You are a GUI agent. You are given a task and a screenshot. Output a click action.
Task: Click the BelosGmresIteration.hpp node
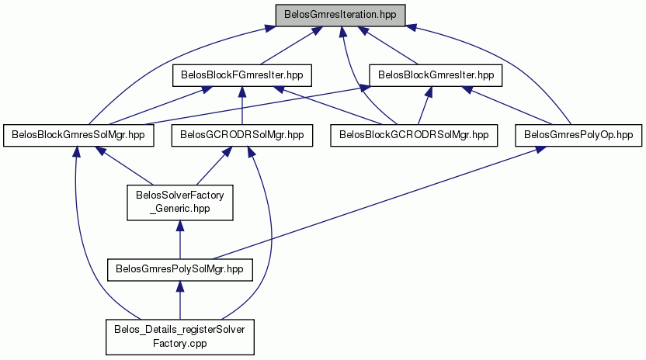tap(340, 16)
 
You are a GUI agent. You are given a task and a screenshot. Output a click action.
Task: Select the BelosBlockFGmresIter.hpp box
tap(241, 75)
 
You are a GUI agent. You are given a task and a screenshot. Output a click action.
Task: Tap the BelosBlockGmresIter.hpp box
tap(436, 75)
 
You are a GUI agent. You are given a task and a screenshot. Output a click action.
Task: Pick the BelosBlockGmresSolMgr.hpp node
tap(78, 135)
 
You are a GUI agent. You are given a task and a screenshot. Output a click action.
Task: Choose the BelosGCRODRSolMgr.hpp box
tap(241, 135)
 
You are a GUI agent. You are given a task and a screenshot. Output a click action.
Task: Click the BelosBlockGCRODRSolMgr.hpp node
tap(414, 135)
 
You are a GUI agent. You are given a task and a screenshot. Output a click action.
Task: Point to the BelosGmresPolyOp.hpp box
tap(578, 135)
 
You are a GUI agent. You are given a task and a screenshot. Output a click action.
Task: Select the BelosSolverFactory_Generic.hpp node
tap(180, 202)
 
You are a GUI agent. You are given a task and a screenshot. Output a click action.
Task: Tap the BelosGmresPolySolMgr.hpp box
tap(179, 270)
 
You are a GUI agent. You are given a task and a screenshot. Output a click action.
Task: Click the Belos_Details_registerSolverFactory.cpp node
tap(180, 337)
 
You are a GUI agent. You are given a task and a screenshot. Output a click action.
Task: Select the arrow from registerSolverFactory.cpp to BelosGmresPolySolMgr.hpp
tap(179, 299)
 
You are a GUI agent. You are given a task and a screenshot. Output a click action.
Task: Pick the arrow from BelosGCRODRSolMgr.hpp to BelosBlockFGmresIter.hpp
tap(241, 106)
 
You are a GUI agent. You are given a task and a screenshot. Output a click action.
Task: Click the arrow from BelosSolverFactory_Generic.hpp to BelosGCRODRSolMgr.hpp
tap(213, 165)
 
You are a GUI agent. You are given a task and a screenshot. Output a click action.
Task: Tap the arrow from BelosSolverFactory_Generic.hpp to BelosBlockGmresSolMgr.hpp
tap(124, 165)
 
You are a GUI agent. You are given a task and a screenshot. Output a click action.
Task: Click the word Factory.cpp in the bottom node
tap(179, 343)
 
